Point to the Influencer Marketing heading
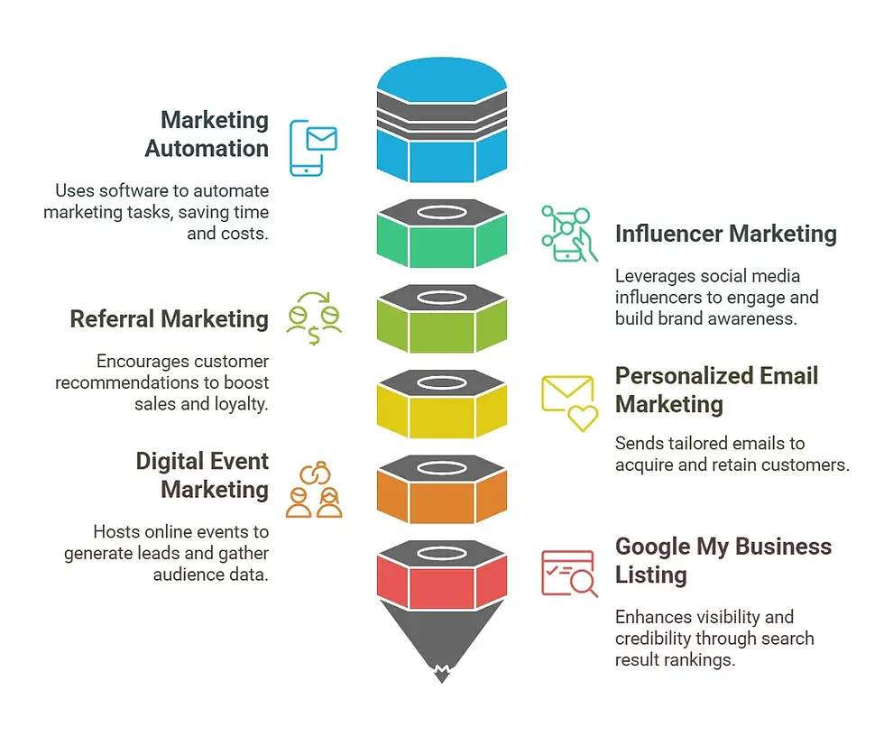(725, 234)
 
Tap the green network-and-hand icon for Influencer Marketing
(568, 234)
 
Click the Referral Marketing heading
(169, 318)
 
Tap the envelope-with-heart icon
(569, 403)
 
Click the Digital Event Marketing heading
(202, 475)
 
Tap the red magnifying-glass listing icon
(569, 574)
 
